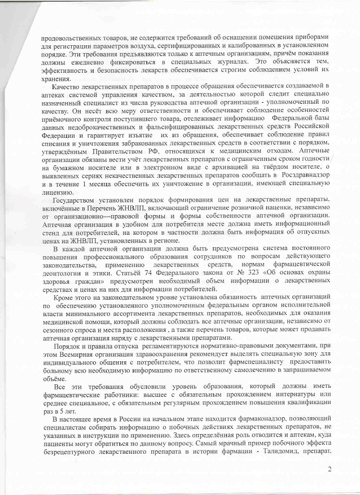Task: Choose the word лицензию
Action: click(54, 193)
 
